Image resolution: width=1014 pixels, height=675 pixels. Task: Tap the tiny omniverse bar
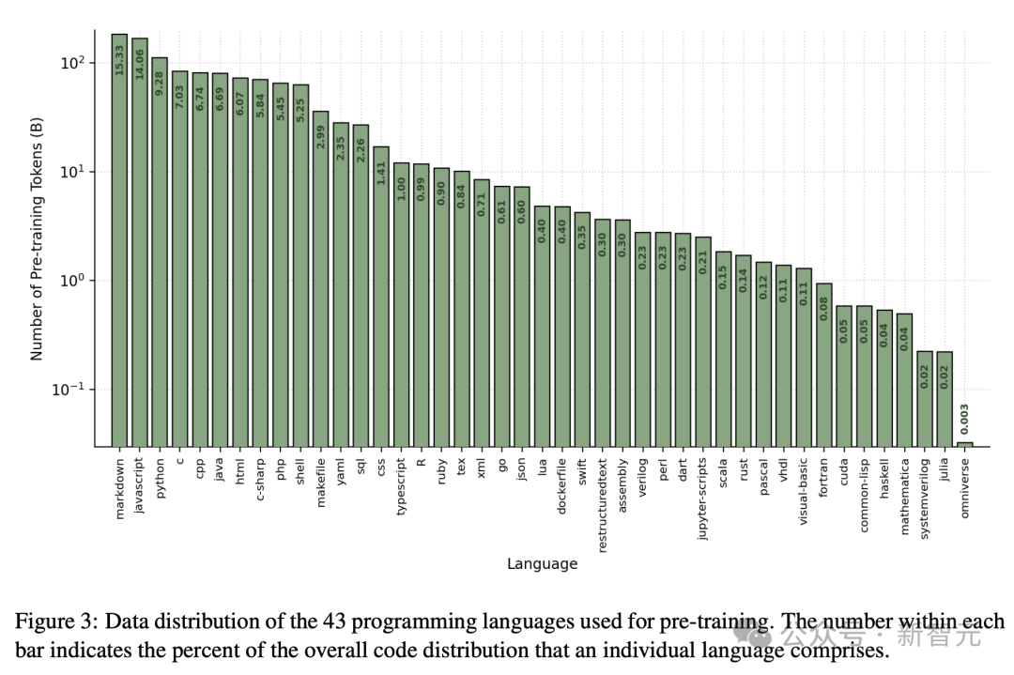coord(964,443)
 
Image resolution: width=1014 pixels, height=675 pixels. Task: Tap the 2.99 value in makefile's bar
coord(320,137)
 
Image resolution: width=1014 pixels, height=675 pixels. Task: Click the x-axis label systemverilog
coord(925,497)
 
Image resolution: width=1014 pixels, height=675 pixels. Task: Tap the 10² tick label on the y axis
coord(72,63)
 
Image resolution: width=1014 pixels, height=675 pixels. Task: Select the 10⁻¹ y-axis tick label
coord(69,389)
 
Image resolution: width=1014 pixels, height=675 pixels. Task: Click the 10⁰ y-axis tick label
coord(72,280)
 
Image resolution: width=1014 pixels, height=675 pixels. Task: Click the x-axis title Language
coord(542,564)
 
